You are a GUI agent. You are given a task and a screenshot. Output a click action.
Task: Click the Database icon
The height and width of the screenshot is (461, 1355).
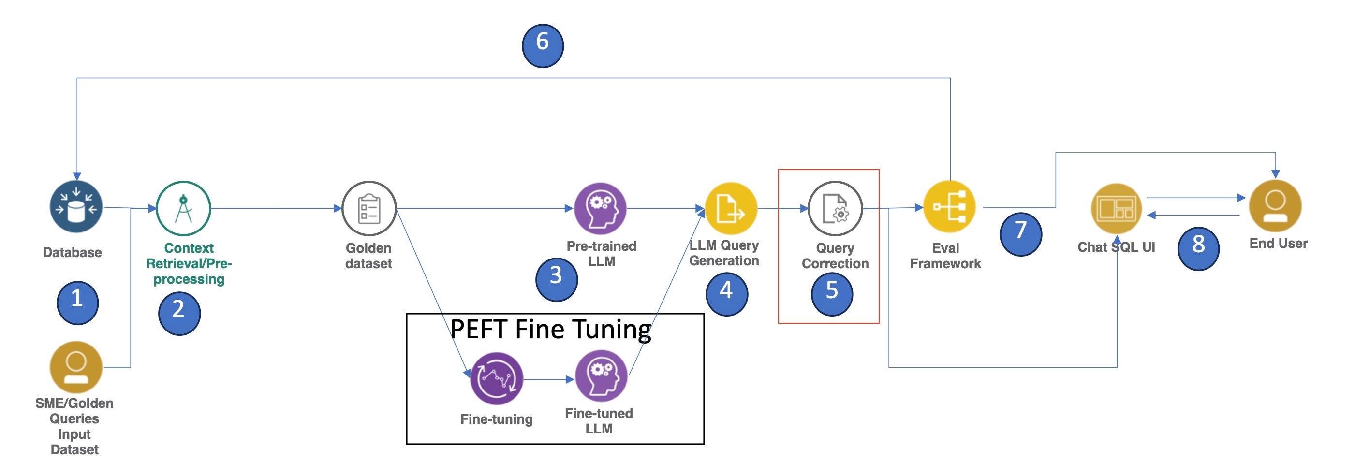click(76, 207)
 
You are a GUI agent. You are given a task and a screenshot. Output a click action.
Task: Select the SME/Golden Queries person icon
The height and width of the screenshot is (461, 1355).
click(76, 367)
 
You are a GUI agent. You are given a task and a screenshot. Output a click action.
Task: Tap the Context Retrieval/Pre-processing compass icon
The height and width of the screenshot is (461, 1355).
click(184, 208)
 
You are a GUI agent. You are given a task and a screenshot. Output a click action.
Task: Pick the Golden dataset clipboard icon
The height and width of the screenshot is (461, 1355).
click(369, 209)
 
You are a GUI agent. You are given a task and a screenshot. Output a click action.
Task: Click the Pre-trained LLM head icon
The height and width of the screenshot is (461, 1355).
click(600, 208)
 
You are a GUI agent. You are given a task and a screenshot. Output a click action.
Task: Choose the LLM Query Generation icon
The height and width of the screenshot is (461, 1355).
click(731, 209)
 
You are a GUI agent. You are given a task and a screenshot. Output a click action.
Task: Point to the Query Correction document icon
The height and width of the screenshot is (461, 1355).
click(835, 209)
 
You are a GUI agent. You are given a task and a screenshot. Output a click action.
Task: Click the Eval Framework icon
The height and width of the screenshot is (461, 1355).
click(949, 207)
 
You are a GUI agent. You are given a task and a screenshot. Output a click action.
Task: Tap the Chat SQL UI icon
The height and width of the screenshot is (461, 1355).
click(1116, 209)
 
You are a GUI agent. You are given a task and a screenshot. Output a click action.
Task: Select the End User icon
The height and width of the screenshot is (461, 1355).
click(1275, 205)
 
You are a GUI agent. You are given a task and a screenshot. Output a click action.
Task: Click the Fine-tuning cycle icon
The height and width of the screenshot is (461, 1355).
click(497, 378)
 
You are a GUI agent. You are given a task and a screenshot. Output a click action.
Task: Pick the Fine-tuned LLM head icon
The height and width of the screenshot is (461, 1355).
click(601, 376)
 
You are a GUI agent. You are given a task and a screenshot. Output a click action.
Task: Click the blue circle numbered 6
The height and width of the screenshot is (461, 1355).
click(542, 46)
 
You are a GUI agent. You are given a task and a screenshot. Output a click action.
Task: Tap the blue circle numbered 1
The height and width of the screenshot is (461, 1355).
click(77, 303)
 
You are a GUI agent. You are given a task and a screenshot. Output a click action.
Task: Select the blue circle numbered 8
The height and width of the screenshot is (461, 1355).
click(1198, 248)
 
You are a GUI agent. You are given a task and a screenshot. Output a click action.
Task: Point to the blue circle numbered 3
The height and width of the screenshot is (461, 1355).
click(556, 279)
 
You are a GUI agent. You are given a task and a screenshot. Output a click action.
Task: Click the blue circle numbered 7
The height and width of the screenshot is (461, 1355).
click(1020, 234)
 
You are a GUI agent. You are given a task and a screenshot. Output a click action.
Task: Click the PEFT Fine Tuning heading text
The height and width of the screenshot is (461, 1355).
click(551, 330)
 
